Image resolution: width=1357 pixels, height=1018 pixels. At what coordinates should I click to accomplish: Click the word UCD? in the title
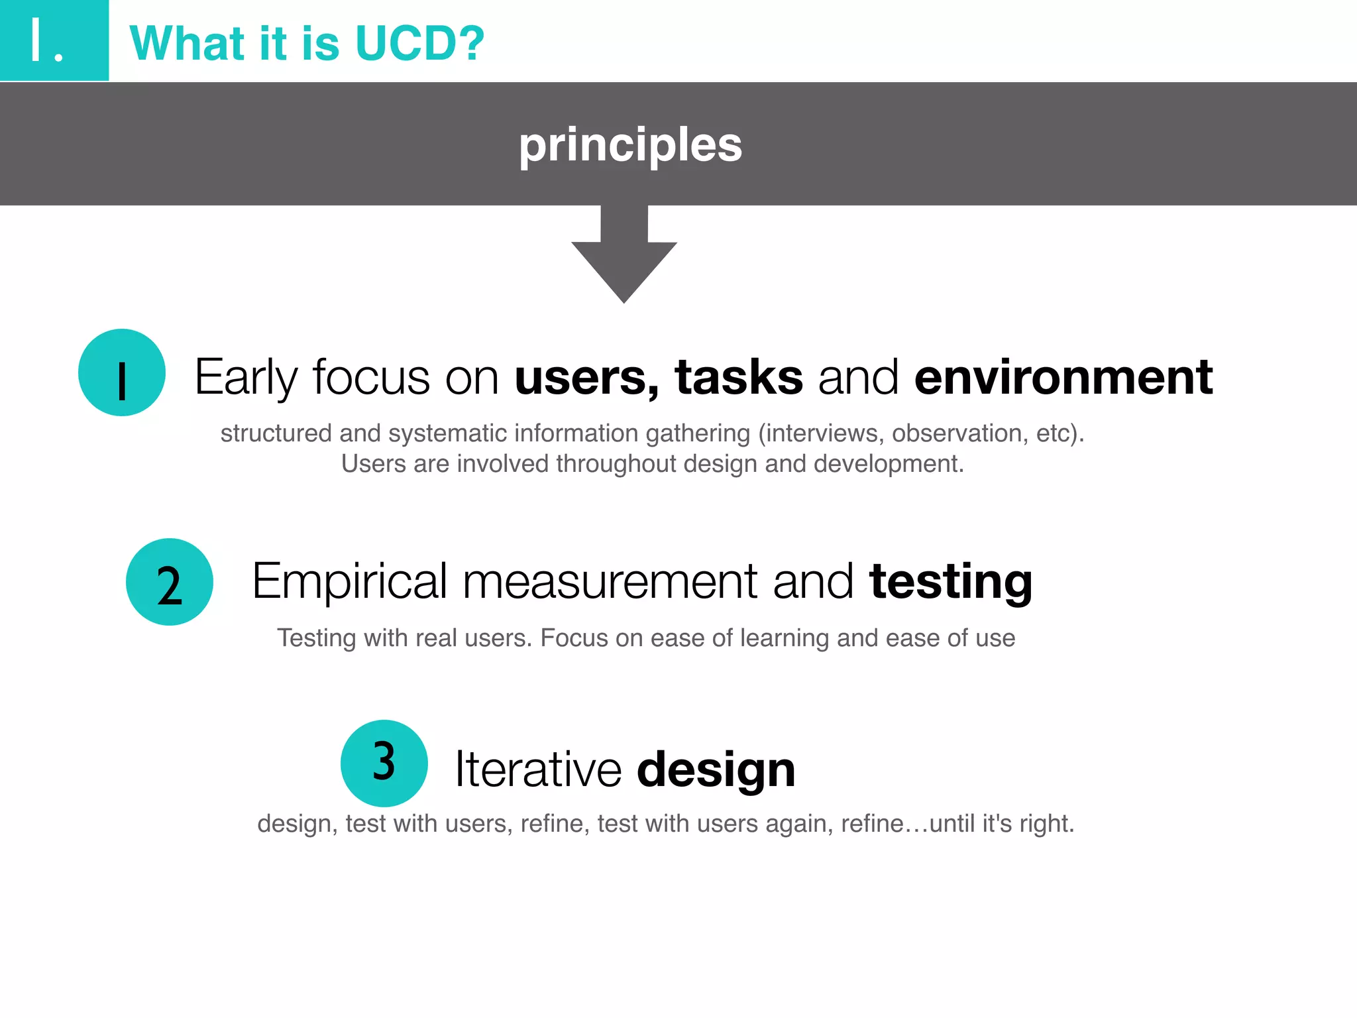tap(419, 44)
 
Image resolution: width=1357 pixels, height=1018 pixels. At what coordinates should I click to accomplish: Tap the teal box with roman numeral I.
tap(54, 40)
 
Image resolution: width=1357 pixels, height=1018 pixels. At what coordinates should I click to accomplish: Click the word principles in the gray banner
tap(630, 144)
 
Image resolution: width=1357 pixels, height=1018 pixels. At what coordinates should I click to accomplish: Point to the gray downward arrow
tap(624, 262)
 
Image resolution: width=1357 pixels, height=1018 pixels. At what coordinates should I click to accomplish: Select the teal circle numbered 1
tap(122, 372)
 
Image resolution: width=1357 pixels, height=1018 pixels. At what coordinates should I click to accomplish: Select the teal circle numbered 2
tap(170, 582)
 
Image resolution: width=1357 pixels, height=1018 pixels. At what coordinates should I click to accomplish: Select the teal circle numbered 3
tap(384, 763)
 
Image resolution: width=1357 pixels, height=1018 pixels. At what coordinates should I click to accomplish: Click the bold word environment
tap(1063, 377)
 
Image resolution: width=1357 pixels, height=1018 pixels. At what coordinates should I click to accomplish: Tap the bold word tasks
tap(739, 377)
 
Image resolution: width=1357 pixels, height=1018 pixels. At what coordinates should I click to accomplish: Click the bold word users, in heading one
tap(587, 377)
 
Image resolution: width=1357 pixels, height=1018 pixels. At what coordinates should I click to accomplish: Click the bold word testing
tap(951, 582)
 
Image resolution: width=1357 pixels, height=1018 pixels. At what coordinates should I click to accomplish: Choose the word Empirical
tap(350, 582)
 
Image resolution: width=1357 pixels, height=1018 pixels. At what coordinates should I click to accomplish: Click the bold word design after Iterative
tap(716, 770)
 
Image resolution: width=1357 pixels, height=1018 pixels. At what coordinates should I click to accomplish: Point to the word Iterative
tap(538, 770)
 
